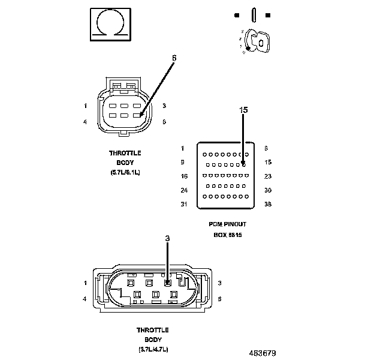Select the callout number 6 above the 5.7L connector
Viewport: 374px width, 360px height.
point(174,58)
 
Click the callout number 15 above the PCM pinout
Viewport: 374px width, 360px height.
point(243,110)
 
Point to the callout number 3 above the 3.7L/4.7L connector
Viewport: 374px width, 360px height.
point(167,238)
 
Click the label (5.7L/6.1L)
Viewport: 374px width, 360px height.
point(125,172)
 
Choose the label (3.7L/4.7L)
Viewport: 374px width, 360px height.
point(152,349)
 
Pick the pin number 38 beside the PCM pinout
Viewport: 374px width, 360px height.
point(269,205)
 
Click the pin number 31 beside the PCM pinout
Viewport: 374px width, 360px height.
point(184,205)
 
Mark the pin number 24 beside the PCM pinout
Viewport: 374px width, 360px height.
point(184,190)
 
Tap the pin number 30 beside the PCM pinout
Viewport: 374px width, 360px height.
point(269,190)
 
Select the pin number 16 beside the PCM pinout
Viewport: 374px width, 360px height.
point(184,176)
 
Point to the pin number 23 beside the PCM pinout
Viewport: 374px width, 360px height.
point(269,176)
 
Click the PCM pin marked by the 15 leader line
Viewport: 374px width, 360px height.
point(243,163)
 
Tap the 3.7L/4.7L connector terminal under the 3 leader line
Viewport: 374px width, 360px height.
point(168,282)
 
